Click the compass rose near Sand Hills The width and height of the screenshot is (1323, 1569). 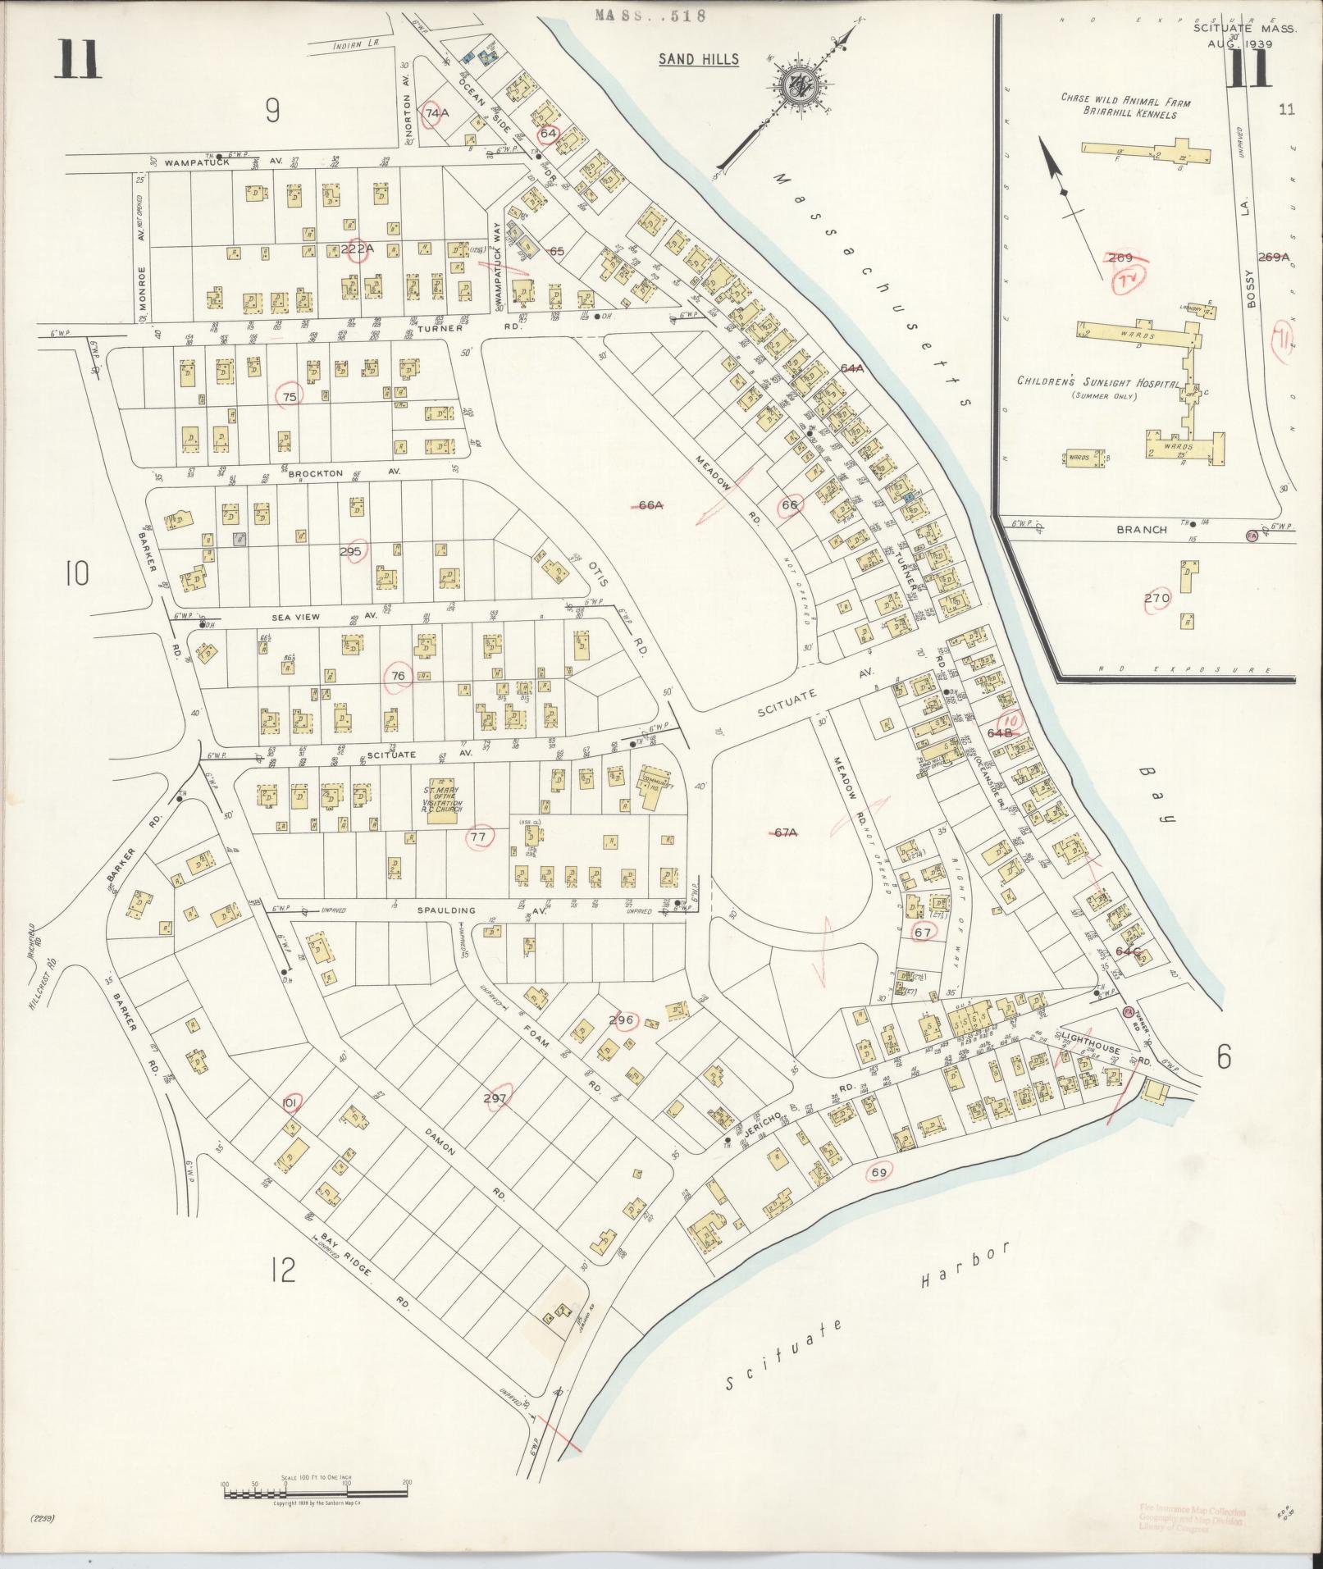[x=794, y=84]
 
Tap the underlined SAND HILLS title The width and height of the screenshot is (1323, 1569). [x=699, y=59]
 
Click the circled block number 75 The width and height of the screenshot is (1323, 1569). [x=290, y=396]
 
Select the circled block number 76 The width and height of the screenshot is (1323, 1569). [x=399, y=676]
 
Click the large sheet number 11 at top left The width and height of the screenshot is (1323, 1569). [x=78, y=60]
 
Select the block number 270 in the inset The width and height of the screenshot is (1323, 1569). [x=1156, y=598]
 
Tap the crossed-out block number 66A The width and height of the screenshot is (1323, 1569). [x=650, y=506]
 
